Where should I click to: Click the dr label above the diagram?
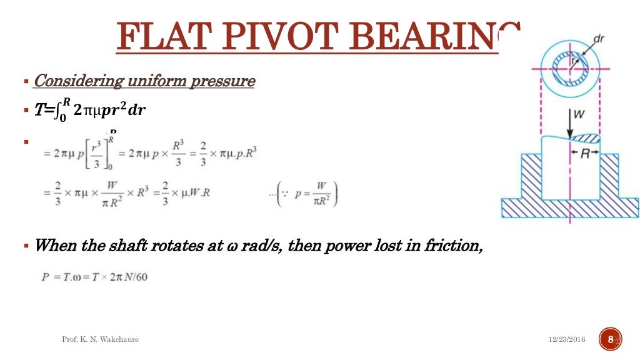tap(598, 39)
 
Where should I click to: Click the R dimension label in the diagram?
tap(585, 152)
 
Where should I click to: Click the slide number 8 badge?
tap(611, 339)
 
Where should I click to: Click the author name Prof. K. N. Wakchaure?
tap(100, 339)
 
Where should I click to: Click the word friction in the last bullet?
tap(455, 245)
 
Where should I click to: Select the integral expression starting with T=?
tap(91, 110)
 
